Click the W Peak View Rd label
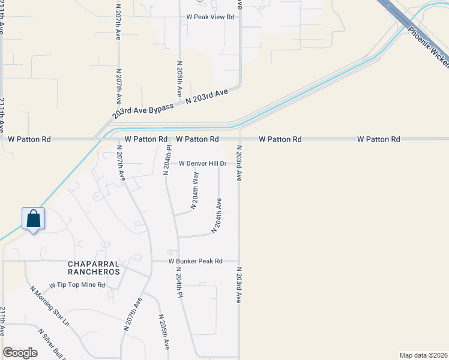coord(210,17)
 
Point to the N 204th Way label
coord(194,190)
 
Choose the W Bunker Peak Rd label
coord(195,261)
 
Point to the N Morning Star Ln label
coord(50,306)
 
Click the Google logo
coord(20,352)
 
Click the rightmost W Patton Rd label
coord(378,139)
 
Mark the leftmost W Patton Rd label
coord(29,139)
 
